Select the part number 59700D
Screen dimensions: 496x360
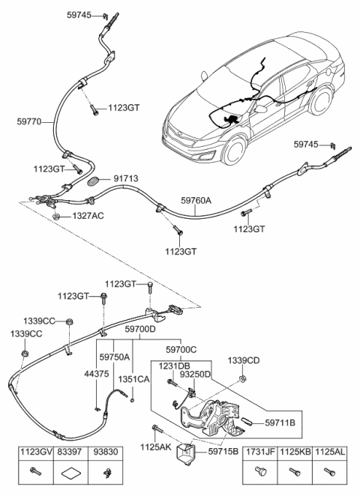[x=140, y=329]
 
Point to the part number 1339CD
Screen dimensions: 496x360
[x=244, y=360]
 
